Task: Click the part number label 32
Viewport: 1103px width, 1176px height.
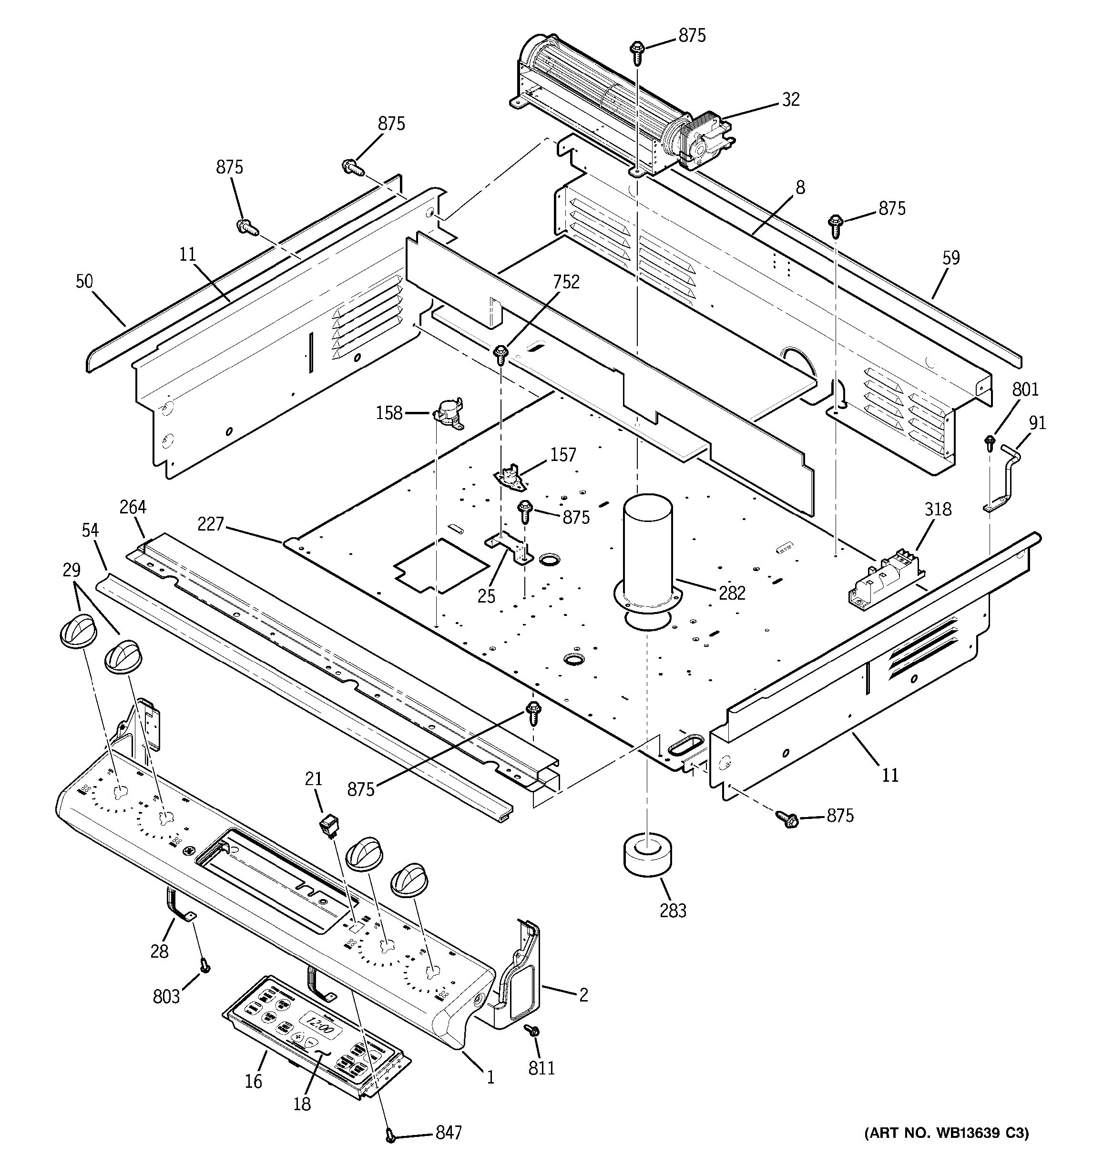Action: point(791,99)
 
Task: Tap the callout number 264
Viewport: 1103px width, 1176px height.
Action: point(133,507)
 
